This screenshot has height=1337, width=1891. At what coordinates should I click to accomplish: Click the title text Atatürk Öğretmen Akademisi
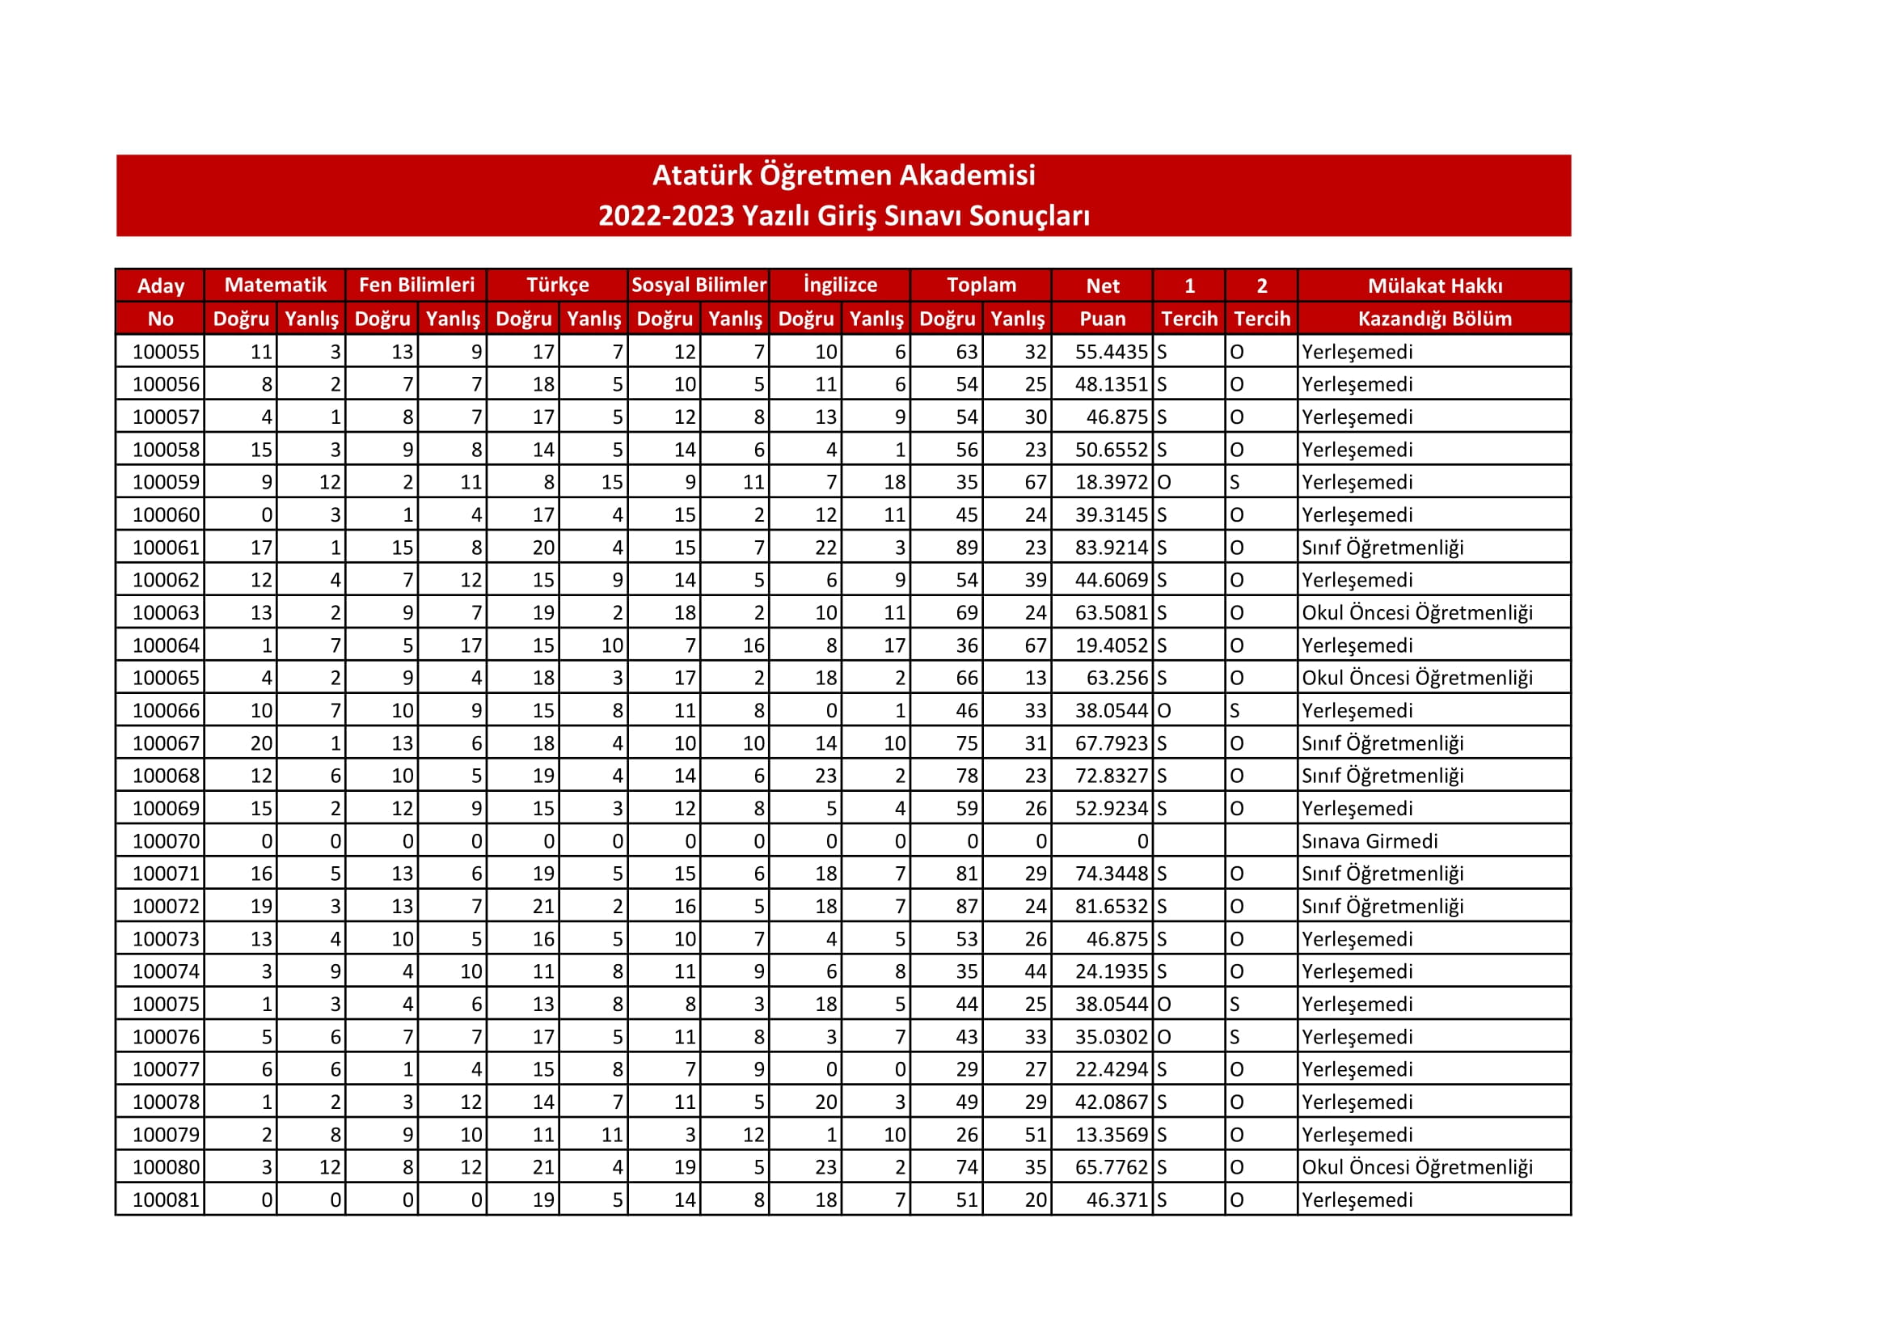pyautogui.click(x=843, y=176)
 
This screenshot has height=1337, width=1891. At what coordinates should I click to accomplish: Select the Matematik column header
pyautogui.click(x=275, y=285)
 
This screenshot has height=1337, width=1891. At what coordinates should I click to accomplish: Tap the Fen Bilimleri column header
pyautogui.click(x=416, y=285)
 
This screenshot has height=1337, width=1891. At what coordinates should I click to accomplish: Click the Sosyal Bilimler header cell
pyautogui.click(x=699, y=285)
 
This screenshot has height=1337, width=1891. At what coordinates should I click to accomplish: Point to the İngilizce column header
pyautogui.click(x=840, y=285)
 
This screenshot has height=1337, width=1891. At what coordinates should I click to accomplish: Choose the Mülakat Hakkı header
pyautogui.click(x=1435, y=286)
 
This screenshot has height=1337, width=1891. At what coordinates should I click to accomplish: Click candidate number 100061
pyautogui.click(x=166, y=548)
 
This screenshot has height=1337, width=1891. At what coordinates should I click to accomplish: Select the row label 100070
pyautogui.click(x=166, y=841)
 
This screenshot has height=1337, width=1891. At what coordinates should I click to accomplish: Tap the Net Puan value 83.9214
pyautogui.click(x=1110, y=548)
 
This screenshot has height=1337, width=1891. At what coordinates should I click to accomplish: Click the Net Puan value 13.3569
pyautogui.click(x=1110, y=1134)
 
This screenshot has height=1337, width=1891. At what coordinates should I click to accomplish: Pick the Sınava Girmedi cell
pyautogui.click(x=1369, y=841)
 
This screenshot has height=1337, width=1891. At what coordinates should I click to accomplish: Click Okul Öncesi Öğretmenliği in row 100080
pyautogui.click(x=1416, y=1167)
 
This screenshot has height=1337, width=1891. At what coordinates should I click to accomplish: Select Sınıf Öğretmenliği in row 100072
pyautogui.click(x=1382, y=906)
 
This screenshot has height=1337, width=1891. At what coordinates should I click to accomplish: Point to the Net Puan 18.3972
pyautogui.click(x=1110, y=482)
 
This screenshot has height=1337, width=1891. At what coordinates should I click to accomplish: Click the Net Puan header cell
pyautogui.click(x=1102, y=302)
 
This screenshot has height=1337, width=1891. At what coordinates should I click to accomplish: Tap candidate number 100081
pyautogui.click(x=166, y=1199)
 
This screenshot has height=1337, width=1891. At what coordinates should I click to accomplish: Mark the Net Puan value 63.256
pyautogui.click(x=1116, y=678)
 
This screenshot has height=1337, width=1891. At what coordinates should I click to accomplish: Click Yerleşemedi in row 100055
pyautogui.click(x=1357, y=352)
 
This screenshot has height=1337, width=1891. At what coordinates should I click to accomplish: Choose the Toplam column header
pyautogui.click(x=981, y=285)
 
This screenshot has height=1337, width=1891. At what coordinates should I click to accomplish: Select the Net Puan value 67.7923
pyautogui.click(x=1110, y=743)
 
